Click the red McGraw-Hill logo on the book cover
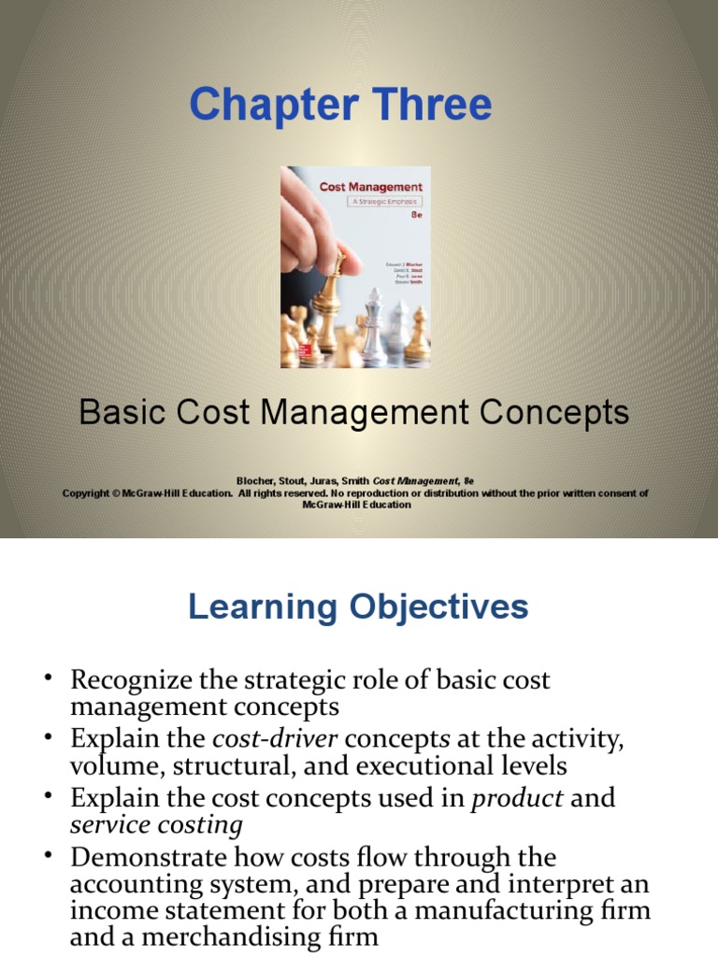click(x=289, y=357)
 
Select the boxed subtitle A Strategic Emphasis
click(x=371, y=201)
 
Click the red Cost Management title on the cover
click(x=370, y=187)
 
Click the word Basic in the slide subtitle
click(x=115, y=412)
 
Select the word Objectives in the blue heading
click(x=442, y=607)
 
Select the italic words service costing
click(x=156, y=825)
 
